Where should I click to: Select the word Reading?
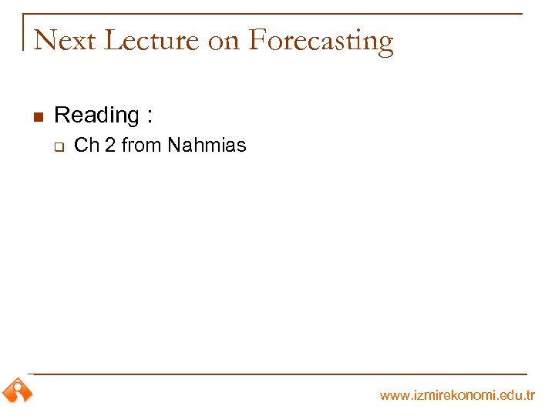96,116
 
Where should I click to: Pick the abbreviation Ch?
86,145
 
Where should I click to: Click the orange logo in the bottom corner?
17,391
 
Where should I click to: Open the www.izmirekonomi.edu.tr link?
456,395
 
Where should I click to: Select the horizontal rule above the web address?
277,374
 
